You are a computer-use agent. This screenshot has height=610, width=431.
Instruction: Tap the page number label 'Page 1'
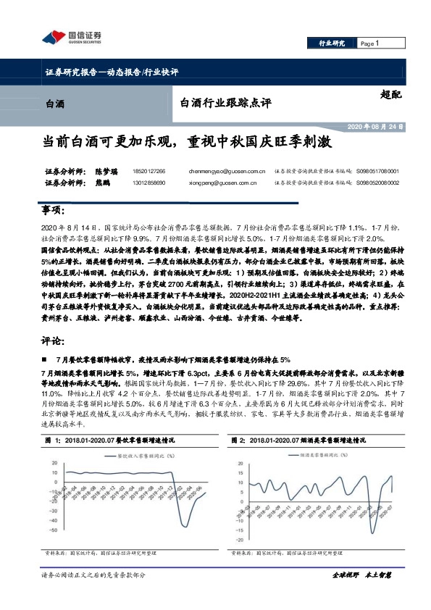tap(369, 43)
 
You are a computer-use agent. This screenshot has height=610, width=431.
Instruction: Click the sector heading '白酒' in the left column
tap(54, 104)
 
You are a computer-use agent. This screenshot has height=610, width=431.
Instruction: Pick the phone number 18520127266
tap(149, 171)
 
